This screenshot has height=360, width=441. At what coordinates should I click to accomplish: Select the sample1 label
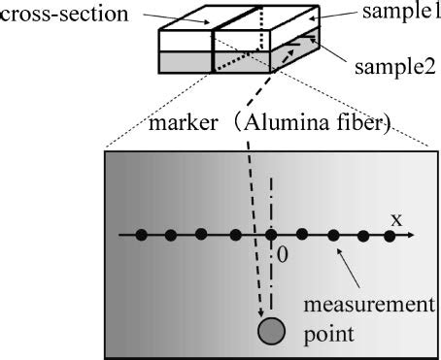[398, 13]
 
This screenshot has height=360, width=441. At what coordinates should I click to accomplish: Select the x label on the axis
[395, 219]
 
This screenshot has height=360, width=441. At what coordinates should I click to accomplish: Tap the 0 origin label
[283, 254]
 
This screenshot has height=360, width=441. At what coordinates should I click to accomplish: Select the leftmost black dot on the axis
[142, 235]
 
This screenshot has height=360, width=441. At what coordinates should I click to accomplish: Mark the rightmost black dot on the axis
[390, 235]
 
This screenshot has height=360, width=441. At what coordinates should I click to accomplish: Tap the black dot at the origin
[271, 235]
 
